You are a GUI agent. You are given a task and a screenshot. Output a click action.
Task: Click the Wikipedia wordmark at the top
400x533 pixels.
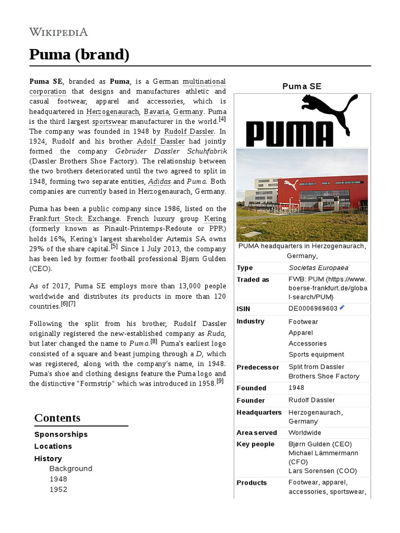point(58,32)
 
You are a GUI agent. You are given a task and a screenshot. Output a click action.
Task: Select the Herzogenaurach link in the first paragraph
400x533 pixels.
point(113,112)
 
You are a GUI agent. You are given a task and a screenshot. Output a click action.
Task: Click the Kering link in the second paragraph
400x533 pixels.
point(215,219)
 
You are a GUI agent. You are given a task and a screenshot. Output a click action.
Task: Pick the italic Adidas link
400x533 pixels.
point(159,181)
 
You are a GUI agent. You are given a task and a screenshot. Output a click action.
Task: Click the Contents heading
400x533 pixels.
point(57,418)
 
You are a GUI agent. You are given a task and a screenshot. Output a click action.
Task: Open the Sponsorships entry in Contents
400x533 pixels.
point(61,434)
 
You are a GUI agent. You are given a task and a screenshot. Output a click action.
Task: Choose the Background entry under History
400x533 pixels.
point(71,468)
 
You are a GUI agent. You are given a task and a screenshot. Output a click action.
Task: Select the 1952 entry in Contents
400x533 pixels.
point(58,489)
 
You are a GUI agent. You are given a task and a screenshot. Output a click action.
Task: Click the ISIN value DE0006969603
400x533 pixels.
point(313,308)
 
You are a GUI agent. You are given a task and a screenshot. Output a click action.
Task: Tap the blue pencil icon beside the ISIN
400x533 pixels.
point(342,308)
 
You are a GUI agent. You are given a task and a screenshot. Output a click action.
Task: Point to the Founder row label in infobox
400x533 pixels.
point(251,400)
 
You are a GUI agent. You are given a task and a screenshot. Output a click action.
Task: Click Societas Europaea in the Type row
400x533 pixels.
point(318,268)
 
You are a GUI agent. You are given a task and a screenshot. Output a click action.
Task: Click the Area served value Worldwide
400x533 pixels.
point(305,433)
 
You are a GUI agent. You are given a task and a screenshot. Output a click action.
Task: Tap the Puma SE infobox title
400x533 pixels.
point(302,86)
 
